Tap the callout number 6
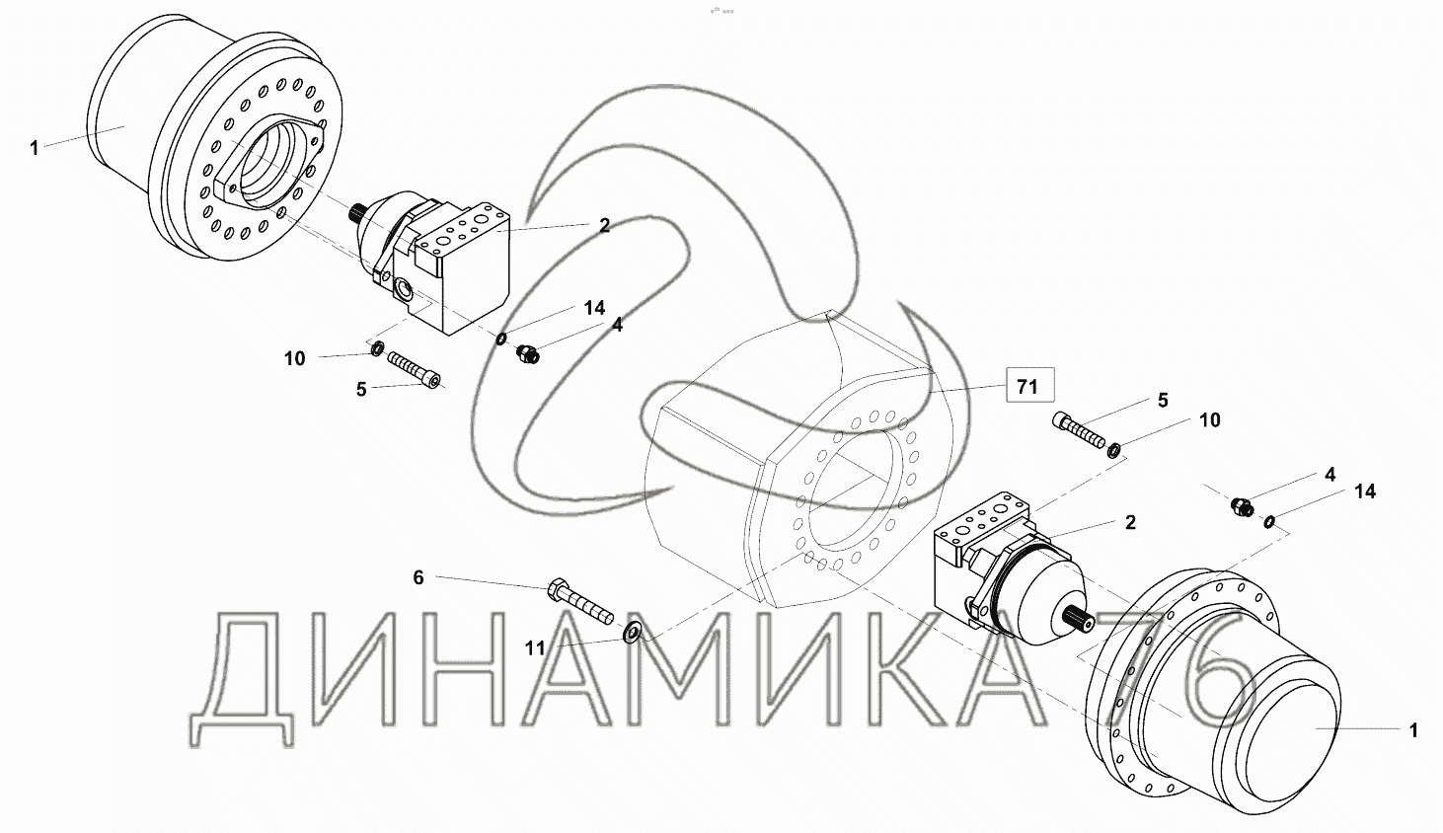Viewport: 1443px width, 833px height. click(418, 578)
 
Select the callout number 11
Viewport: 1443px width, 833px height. click(535, 648)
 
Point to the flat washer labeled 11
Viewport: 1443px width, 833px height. click(632, 633)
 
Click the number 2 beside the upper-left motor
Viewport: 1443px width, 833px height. click(604, 225)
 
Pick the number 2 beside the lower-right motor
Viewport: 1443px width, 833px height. click(1130, 522)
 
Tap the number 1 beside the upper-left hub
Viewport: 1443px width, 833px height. click(35, 148)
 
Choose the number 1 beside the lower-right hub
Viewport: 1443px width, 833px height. click(1414, 730)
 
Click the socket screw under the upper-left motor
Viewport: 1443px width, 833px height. click(415, 370)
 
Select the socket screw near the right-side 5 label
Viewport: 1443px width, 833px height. click(1079, 429)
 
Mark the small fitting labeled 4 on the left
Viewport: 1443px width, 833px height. click(528, 353)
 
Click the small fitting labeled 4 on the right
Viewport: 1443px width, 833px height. click(1242, 506)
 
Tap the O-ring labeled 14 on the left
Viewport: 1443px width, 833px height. click(501, 339)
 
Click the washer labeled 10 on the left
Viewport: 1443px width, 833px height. click(377, 348)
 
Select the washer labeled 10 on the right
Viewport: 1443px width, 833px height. click(1113, 449)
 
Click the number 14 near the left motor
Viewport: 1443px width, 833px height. click(594, 308)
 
